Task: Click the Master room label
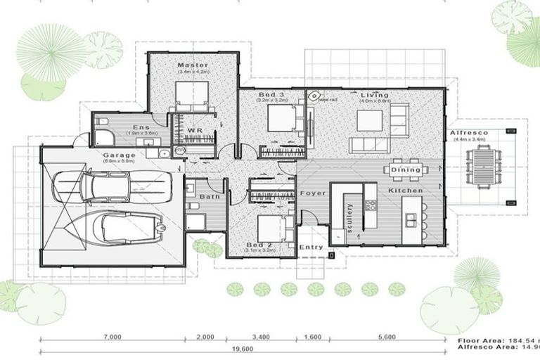point(192,65)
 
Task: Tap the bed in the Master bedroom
point(192,95)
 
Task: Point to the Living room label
point(375,95)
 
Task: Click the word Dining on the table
point(406,169)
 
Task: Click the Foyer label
point(311,193)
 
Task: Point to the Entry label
point(311,247)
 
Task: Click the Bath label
point(208,198)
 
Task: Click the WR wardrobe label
point(195,131)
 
